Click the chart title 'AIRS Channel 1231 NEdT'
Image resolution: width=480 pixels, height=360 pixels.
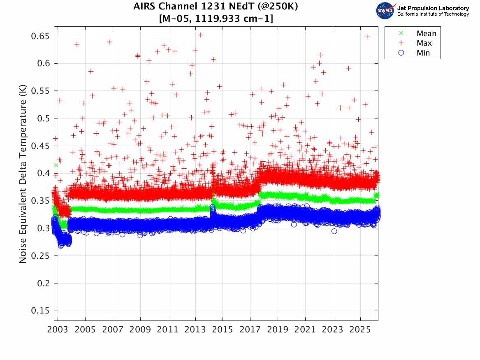coord(216,7)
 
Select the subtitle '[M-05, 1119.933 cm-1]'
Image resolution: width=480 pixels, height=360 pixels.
coord(216,19)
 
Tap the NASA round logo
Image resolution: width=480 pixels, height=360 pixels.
coord(385,11)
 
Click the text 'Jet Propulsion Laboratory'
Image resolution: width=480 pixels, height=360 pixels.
coord(433,8)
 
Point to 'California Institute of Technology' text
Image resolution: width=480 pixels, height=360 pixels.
coord(433,14)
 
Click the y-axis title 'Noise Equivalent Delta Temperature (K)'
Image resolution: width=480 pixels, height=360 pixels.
coord(23,173)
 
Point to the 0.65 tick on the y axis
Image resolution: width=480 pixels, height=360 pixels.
coord(40,36)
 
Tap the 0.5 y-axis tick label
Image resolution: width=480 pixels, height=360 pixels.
coord(42,118)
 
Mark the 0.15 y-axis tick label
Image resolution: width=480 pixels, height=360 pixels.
coord(40,311)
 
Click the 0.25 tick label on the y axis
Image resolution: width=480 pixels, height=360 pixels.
coord(40,256)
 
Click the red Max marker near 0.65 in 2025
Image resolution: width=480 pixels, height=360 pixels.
coord(367,37)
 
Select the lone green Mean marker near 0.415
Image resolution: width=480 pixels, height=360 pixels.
coord(56,165)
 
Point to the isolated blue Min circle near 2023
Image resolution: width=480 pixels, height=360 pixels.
coord(334,231)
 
